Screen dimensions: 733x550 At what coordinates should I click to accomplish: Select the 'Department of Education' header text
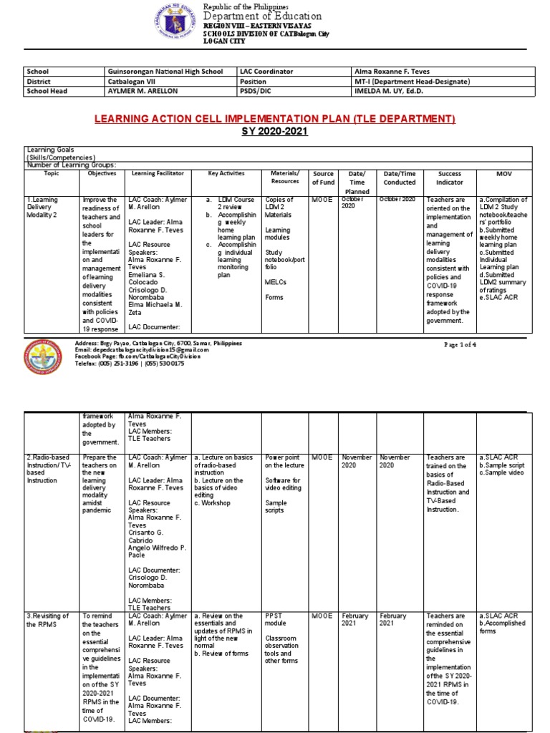tap(263, 16)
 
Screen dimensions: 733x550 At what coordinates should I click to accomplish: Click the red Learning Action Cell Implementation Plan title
tap(275, 118)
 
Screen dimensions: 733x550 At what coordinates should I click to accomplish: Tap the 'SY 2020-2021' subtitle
tap(275, 132)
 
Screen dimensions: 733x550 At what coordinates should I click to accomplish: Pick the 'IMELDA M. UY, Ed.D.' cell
tap(387, 92)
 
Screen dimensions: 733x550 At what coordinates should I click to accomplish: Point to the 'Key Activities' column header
tap(226, 173)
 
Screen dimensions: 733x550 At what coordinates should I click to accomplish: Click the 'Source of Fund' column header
tap(324, 178)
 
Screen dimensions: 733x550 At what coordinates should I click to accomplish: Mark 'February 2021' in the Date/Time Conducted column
tap(395, 620)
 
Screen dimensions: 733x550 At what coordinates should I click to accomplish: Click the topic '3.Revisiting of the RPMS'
tap(48, 620)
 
